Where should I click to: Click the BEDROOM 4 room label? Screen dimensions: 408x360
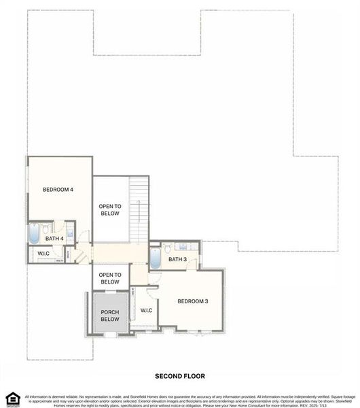click(58, 189)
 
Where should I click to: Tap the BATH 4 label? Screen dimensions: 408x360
click(54, 239)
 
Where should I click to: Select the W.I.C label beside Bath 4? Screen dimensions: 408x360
click(43, 254)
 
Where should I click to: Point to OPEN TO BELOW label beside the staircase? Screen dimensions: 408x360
click(109, 209)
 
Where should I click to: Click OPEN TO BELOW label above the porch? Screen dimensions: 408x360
click(109, 278)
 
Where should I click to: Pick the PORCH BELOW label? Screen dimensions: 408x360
click(109, 316)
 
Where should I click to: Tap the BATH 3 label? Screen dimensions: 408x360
click(177, 259)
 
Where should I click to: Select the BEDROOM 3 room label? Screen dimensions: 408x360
click(193, 301)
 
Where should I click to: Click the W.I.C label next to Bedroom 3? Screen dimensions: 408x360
click(146, 311)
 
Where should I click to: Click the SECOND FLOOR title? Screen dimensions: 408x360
click(179, 375)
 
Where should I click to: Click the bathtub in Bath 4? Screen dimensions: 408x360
click(33, 235)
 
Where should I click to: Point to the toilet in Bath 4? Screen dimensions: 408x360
click(46, 229)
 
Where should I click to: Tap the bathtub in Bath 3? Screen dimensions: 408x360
click(155, 258)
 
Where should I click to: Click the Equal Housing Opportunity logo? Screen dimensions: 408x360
click(10, 398)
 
